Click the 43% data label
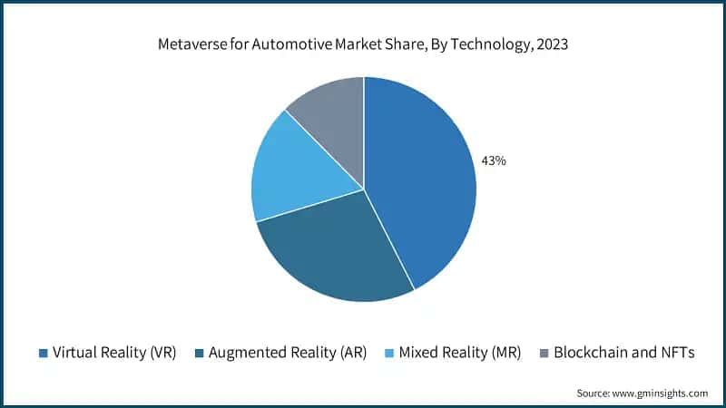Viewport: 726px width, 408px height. tap(494, 160)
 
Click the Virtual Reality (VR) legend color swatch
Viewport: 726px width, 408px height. tap(43, 353)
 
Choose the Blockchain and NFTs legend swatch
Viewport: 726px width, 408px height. tap(544, 353)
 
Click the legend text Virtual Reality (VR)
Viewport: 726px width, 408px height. tap(114, 353)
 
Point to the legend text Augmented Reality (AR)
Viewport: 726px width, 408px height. tap(288, 353)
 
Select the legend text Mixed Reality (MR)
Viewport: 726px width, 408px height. tap(460, 353)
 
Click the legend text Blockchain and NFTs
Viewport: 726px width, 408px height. tap(623, 353)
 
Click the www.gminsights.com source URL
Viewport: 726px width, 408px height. tap(662, 393)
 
